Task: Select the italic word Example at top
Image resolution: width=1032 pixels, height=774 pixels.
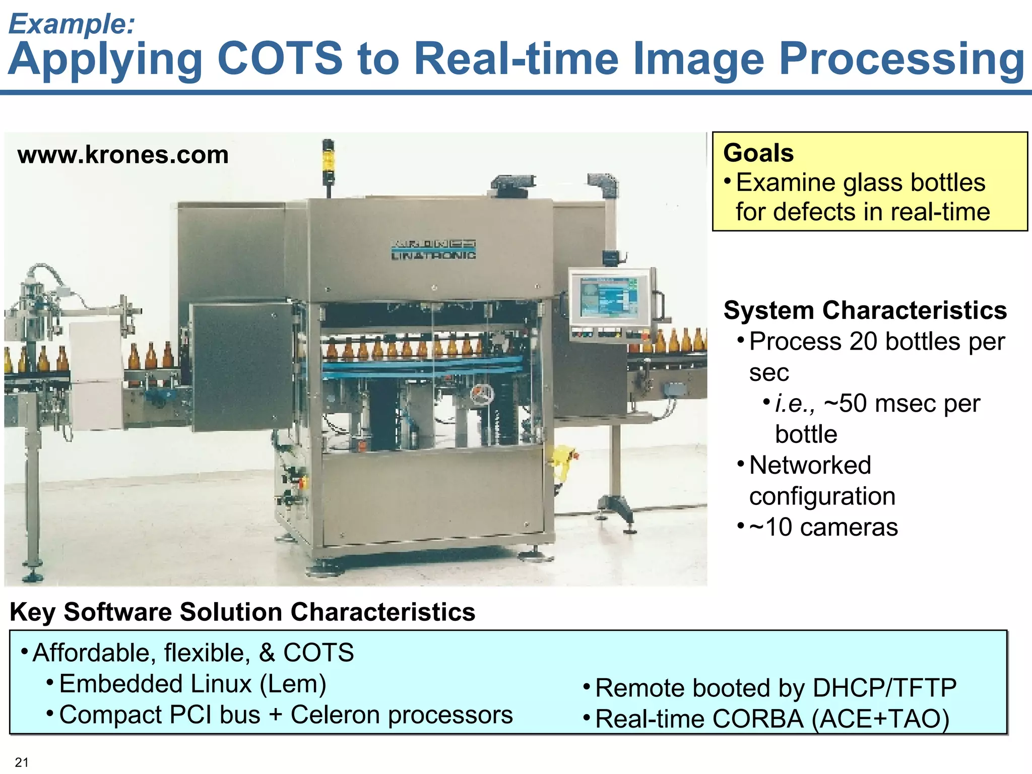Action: point(72,23)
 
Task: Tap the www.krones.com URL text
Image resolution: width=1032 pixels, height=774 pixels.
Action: point(123,154)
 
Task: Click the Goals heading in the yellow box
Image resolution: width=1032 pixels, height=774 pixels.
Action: point(758,153)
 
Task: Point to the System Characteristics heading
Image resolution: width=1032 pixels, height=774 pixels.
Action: point(865,310)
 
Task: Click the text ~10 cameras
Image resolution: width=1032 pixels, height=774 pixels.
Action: point(823,527)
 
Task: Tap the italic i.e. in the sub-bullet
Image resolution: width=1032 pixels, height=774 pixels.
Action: point(794,404)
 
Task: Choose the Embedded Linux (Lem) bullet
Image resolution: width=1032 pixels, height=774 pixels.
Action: point(192,684)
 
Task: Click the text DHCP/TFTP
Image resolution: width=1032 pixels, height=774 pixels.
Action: point(884,688)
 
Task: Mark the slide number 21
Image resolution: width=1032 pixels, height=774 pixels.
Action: point(22,762)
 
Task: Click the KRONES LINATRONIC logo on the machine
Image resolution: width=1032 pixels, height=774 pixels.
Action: point(433,249)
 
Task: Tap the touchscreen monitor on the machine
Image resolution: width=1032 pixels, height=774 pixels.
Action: point(609,297)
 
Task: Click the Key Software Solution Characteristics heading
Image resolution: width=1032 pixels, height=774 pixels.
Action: point(242,612)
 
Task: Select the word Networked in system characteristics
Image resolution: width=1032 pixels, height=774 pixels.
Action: point(810,465)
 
